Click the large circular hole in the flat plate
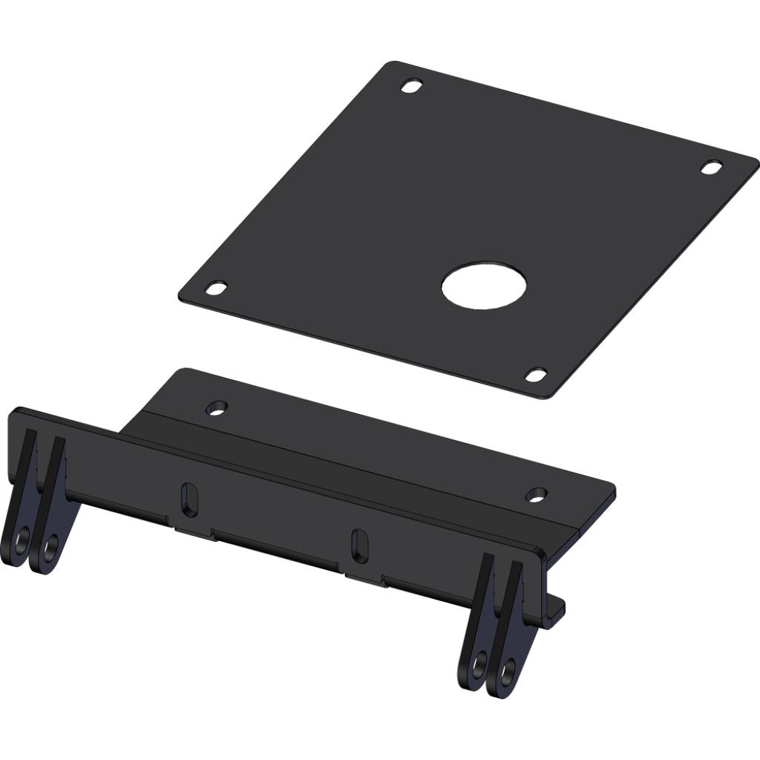[x=484, y=286]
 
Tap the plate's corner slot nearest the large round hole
[x=536, y=375]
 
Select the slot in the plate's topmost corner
[x=412, y=86]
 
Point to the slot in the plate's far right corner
[x=712, y=167]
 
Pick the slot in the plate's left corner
[x=216, y=288]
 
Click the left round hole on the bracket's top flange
[x=217, y=407]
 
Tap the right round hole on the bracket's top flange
[x=536, y=494]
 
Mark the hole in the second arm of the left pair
[x=50, y=548]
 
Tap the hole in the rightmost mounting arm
[x=508, y=672]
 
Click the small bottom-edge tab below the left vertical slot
[x=195, y=531]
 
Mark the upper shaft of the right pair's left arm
[x=486, y=586]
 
